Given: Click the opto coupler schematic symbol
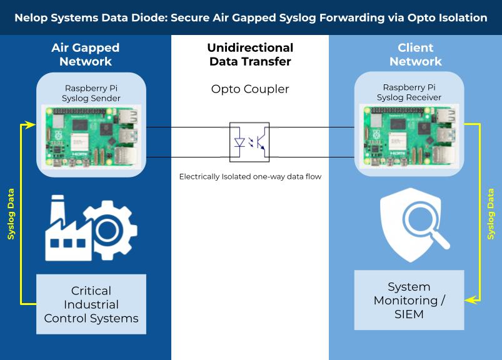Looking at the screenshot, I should click(250, 142).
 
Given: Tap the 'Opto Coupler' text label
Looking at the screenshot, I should click(250, 89).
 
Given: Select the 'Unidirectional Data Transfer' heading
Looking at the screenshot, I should click(250, 54).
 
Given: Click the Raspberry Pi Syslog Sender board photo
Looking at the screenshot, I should click(91, 136).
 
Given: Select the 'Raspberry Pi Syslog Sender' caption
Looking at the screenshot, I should click(91, 93).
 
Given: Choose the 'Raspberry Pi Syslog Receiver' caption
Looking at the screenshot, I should click(410, 92).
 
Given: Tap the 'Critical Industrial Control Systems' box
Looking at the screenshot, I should click(91, 304).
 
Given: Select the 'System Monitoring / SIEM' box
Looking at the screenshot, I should click(409, 300).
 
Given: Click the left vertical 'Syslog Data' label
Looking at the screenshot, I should click(11, 214).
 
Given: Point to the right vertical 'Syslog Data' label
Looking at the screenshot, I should click(491, 214).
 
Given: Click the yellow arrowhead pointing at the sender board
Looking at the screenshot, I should click(31, 125).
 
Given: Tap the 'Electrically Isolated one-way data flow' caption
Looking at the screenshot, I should click(250, 177).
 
